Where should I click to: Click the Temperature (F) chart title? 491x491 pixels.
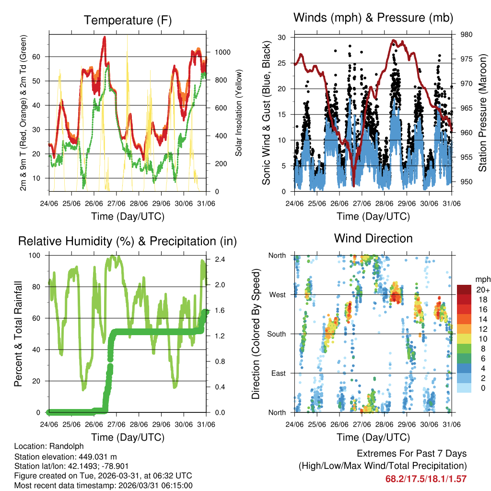click(128, 20)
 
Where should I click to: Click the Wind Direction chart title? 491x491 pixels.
click(373, 238)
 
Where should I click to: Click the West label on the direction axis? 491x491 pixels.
click(277, 294)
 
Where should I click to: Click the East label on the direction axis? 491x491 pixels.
click(278, 373)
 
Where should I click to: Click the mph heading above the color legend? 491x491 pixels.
click(481, 279)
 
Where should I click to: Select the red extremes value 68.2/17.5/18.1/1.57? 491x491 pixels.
click(426, 479)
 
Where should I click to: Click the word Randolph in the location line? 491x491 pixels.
click(64, 446)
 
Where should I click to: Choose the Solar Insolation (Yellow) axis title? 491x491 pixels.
click(238, 113)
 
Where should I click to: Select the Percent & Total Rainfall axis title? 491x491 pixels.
click(18, 334)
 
